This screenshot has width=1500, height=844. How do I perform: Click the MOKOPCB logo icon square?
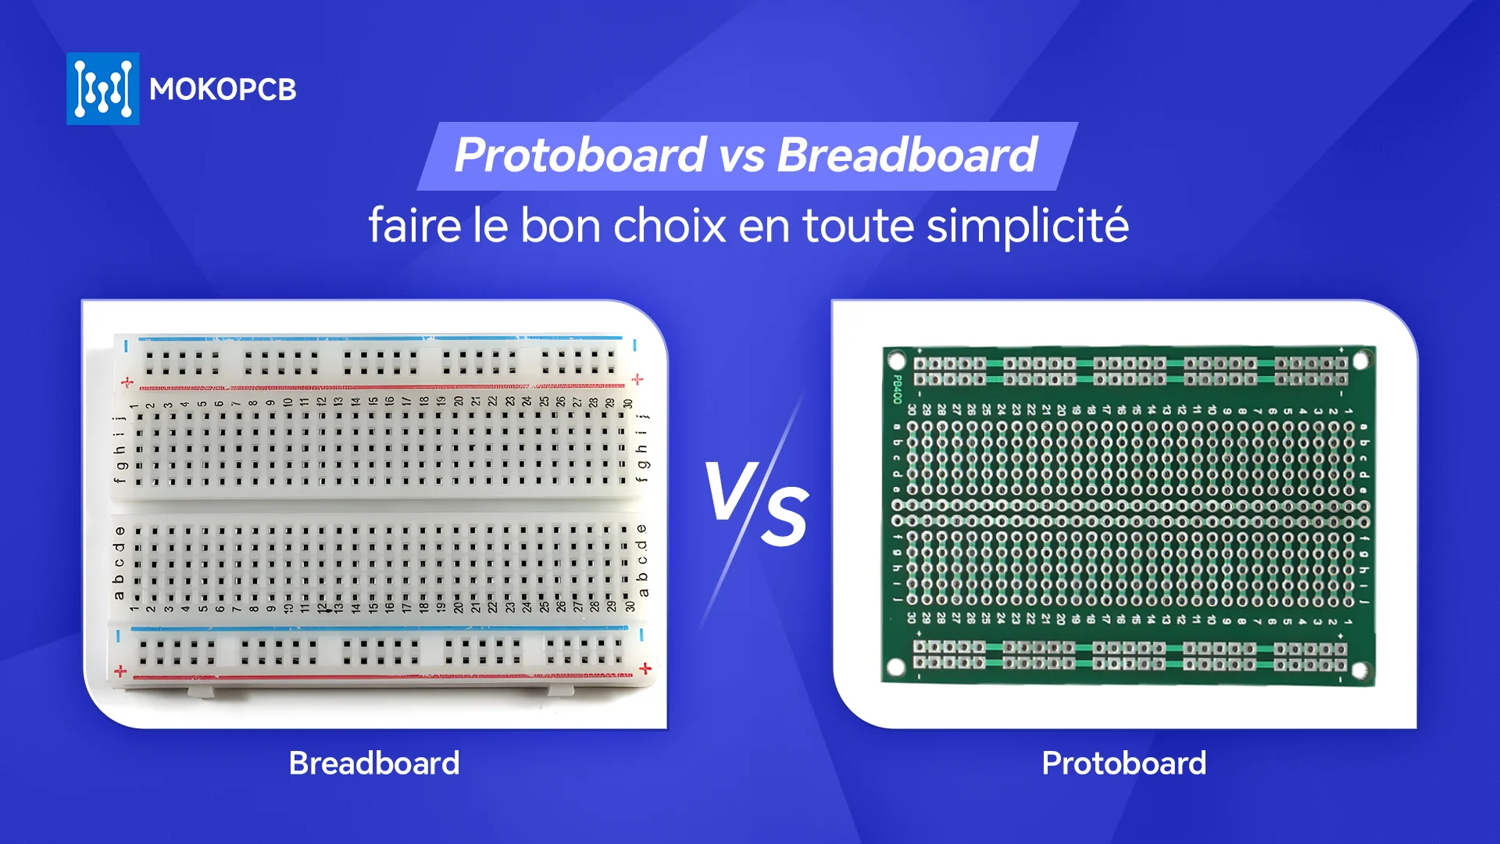point(103,89)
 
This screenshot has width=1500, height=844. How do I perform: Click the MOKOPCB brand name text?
point(223,90)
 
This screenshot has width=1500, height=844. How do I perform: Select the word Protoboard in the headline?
point(580,155)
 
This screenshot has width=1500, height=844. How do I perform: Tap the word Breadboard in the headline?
point(907,155)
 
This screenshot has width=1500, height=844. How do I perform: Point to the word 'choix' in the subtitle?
point(670,226)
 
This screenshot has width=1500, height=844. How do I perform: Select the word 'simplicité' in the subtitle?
point(1027,226)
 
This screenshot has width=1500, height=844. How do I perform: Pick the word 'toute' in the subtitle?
point(859,226)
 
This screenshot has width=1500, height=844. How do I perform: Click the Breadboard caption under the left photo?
point(374,764)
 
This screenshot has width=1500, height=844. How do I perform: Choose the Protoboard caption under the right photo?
point(1123,764)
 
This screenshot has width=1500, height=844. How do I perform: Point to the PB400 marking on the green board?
point(898,389)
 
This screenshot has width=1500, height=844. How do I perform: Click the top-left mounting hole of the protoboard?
point(897,361)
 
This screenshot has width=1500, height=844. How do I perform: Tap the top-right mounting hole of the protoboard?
point(1362,360)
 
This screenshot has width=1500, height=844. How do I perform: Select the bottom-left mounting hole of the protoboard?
point(896,667)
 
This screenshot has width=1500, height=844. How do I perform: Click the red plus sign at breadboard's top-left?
point(127,383)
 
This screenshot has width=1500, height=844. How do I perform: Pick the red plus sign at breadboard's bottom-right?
point(645,669)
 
